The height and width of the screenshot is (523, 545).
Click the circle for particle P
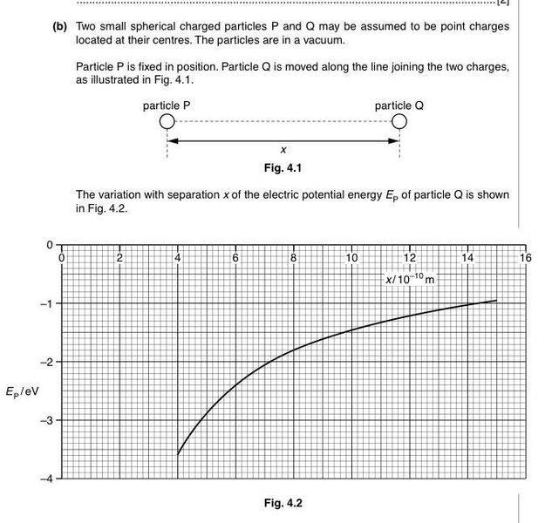(167, 121)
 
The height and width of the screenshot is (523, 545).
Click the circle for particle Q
(399, 121)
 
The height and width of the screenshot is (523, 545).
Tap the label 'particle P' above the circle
(167, 105)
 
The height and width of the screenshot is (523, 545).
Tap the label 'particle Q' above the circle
(399, 105)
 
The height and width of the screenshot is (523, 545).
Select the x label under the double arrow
(283, 151)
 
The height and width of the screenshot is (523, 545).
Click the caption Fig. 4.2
(283, 503)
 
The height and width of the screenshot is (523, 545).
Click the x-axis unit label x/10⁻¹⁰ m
(410, 279)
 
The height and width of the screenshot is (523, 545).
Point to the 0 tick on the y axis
(50, 245)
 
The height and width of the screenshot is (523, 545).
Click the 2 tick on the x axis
(119, 258)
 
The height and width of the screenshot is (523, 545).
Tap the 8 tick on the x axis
(294, 258)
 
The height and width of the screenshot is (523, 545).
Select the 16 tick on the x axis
(524, 258)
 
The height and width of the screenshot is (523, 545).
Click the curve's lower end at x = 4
(178, 453)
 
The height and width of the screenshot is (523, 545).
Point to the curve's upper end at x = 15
(496, 300)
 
